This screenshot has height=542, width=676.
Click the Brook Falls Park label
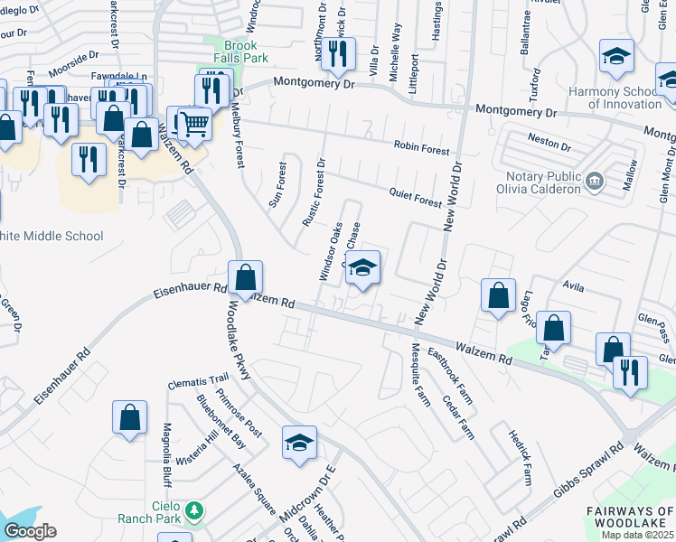pos(240,52)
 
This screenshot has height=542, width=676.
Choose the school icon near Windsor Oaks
pos(362,267)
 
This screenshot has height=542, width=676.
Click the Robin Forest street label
pos(420,146)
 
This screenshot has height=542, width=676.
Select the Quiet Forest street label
pos(415,192)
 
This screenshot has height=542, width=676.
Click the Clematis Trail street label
pos(199,383)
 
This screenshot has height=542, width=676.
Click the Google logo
pos(29,531)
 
